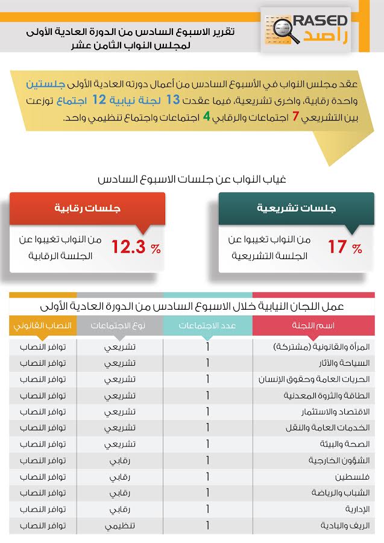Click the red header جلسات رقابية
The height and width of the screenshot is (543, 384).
tap(88, 209)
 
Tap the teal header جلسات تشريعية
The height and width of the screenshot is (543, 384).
tap(297, 209)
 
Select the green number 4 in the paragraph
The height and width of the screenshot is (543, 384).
tap(206, 116)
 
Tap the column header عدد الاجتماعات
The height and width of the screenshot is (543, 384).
tap(208, 325)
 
